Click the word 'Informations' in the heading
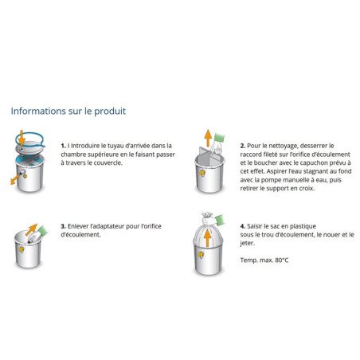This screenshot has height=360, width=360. [37, 111]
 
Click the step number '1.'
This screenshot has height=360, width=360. [64, 146]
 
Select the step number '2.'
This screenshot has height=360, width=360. [242, 146]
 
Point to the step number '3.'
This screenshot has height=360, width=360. [64, 226]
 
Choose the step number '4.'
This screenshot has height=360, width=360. [242, 226]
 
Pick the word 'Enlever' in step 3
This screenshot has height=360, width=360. [82, 226]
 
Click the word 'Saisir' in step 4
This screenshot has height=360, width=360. [258, 226]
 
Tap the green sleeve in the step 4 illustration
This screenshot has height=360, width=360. [223, 217]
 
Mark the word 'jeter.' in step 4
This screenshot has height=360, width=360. [248, 243]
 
